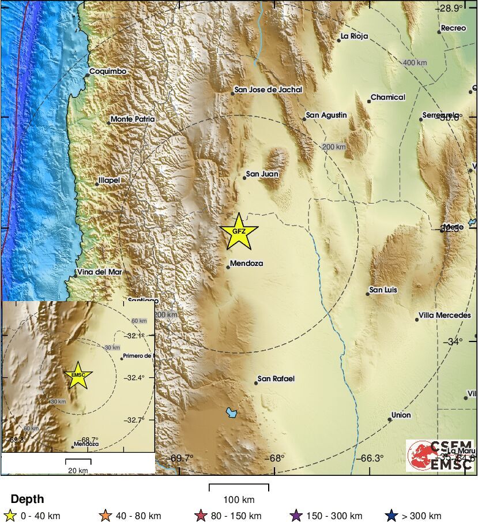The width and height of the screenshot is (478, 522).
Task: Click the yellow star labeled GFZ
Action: [239, 231]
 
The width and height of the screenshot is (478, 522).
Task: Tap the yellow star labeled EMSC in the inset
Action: [77, 375]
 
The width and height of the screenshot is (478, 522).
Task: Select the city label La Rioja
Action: [354, 36]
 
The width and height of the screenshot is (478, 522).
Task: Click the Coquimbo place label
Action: [107, 72]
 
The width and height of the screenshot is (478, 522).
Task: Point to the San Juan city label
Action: [262, 174]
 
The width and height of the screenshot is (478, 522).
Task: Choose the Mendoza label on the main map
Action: [246, 264]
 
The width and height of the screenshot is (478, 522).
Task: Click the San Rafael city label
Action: [276, 379]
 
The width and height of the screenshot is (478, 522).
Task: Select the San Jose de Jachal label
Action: [268, 90]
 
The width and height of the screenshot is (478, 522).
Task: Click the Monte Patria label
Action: [133, 119]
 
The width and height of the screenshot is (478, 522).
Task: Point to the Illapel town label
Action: [109, 181]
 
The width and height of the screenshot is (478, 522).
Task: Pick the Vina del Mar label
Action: [101, 272]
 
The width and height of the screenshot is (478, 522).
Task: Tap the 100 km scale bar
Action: [239, 488]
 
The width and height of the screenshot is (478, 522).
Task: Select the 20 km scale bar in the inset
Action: [78, 461]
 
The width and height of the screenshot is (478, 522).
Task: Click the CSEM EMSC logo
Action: [440, 455]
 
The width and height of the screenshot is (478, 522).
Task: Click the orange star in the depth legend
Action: [105, 516]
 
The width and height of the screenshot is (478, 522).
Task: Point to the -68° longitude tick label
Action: [276, 459]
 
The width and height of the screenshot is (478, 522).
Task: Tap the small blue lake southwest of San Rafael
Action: [232, 412]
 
